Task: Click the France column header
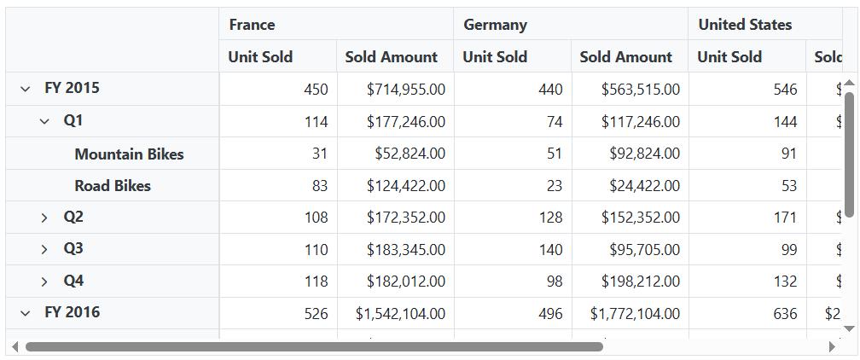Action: click(x=252, y=25)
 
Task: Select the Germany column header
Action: click(x=495, y=25)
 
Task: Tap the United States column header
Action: click(x=745, y=25)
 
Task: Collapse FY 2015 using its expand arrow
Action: click(x=26, y=89)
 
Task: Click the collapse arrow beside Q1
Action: click(x=44, y=121)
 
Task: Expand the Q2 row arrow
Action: click(x=44, y=218)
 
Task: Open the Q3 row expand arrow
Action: click(x=44, y=250)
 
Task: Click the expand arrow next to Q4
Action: click(x=44, y=282)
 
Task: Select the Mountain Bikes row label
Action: click(x=129, y=154)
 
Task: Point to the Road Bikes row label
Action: click(x=113, y=186)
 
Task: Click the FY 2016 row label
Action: click(x=72, y=312)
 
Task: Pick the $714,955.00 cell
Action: click(x=405, y=90)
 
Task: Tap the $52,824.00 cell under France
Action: click(x=410, y=154)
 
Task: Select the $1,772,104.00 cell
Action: click(x=635, y=314)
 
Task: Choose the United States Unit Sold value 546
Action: click(x=785, y=90)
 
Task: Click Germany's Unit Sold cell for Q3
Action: click(x=551, y=250)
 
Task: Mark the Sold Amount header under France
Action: click(x=391, y=57)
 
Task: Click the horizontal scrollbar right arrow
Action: click(x=832, y=347)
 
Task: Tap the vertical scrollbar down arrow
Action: click(x=848, y=328)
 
